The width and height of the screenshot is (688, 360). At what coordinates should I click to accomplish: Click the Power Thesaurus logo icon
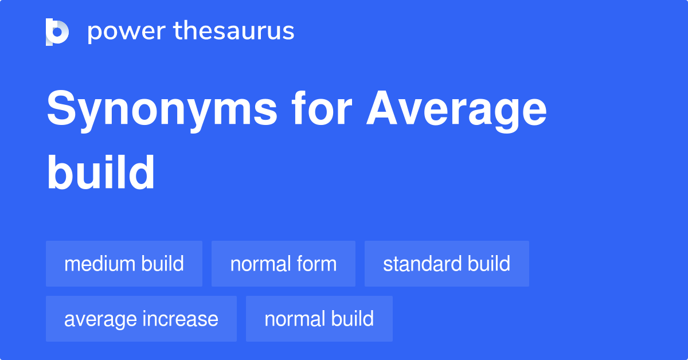tap(57, 32)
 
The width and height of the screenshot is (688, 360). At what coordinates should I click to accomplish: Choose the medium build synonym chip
tap(124, 264)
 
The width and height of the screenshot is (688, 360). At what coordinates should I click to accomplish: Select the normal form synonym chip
tap(283, 264)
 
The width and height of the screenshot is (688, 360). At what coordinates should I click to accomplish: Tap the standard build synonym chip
tap(447, 264)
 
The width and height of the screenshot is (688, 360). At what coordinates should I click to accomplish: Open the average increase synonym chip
tap(141, 319)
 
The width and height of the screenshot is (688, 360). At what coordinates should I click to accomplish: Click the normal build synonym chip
tap(319, 319)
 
